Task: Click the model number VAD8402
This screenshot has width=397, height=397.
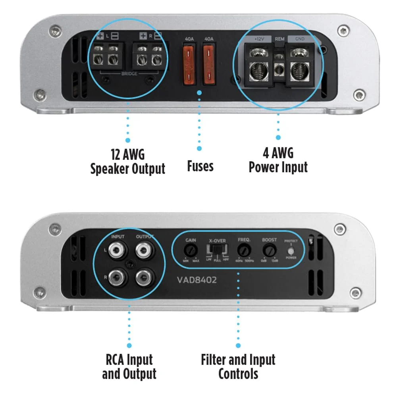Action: pos(197,280)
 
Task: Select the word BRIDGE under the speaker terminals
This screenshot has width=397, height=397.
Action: pos(127,74)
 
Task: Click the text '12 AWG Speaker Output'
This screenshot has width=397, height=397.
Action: pos(127,161)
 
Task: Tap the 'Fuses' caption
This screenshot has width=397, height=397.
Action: pos(200,166)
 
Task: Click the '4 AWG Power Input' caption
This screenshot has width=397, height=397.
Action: pos(278,160)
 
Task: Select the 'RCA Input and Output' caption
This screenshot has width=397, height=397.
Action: pos(129,367)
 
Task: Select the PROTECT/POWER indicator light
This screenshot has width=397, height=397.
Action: pos(291,251)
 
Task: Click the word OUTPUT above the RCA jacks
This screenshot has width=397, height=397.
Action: pos(145,237)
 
